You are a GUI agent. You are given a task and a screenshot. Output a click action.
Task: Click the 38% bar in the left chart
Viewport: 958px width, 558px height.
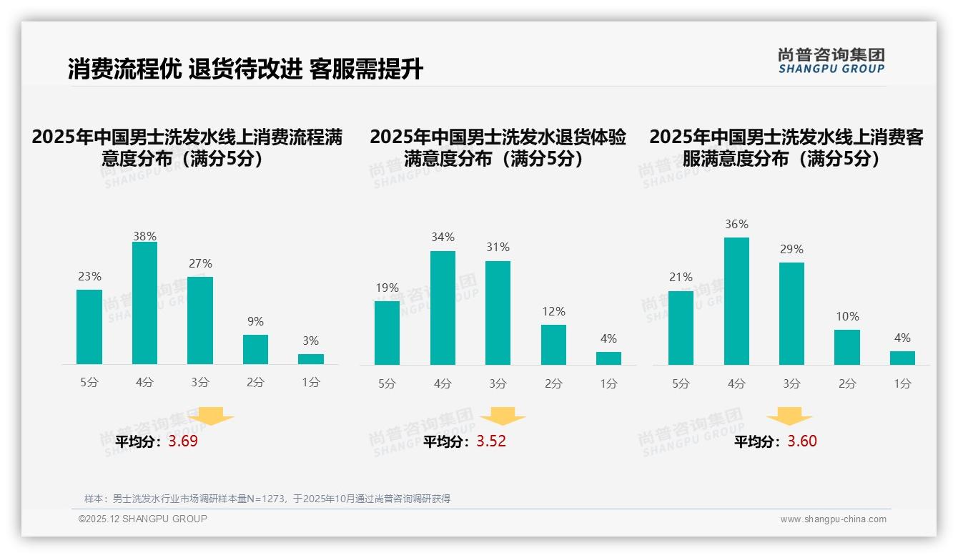click(144, 303)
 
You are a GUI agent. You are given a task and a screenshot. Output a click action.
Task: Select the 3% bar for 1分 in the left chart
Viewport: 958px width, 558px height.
click(311, 359)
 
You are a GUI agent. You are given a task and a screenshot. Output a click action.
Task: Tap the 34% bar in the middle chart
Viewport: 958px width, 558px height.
click(443, 308)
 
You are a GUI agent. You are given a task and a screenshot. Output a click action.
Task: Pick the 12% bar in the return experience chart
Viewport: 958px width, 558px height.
click(553, 345)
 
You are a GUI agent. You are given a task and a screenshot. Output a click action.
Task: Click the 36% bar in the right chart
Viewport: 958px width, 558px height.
click(736, 301)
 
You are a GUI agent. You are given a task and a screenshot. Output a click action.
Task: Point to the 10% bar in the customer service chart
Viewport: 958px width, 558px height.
click(847, 347)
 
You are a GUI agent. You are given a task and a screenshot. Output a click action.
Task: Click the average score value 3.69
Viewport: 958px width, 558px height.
click(183, 441)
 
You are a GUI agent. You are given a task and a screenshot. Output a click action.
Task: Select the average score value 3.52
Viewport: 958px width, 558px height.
click(491, 441)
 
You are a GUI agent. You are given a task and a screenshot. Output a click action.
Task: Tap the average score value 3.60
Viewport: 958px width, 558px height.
click(802, 441)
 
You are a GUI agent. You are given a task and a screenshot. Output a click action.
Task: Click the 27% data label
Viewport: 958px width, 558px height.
click(200, 263)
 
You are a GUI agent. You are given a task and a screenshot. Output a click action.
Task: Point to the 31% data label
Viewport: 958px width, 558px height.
click(498, 247)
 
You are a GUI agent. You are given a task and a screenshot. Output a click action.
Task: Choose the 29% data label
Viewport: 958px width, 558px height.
click(791, 249)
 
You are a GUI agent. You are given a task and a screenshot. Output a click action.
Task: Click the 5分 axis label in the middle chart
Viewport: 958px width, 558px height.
click(387, 383)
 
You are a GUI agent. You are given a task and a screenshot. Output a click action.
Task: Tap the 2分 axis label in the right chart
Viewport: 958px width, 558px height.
click(847, 383)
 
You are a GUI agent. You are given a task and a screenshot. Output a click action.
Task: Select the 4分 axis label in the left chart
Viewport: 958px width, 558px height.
click(144, 383)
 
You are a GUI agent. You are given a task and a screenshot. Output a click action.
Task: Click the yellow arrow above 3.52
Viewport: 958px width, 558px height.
click(503, 416)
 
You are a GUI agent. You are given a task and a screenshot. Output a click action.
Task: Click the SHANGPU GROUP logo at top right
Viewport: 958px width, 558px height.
click(831, 61)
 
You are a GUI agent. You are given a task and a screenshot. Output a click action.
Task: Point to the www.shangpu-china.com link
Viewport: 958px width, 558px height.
click(833, 519)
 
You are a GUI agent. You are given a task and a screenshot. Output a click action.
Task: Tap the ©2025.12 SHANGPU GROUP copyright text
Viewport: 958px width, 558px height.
click(143, 519)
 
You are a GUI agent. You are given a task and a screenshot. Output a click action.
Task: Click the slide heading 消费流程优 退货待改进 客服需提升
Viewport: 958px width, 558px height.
click(246, 69)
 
